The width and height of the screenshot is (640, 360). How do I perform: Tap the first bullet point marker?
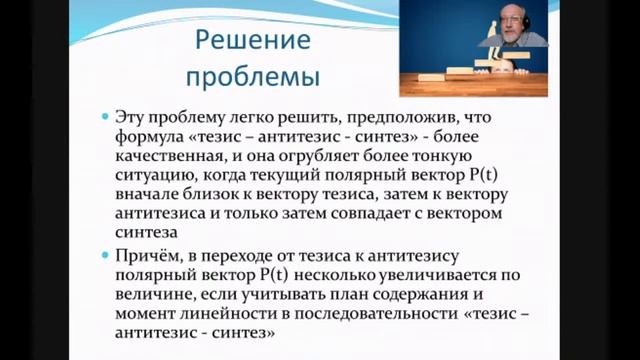click(x=107, y=117)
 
